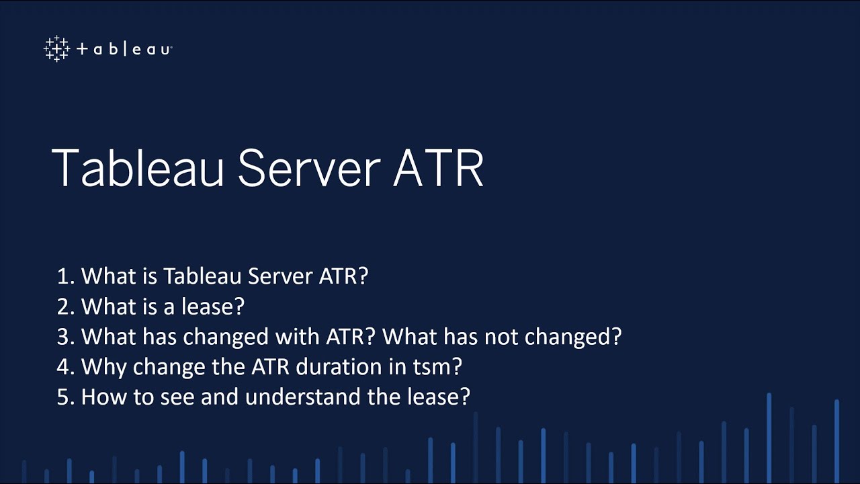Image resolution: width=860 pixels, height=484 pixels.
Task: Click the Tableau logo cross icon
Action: click(56, 49)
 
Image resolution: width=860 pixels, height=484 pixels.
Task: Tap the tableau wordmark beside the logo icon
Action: click(124, 50)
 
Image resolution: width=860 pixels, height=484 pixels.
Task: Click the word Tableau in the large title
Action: click(138, 168)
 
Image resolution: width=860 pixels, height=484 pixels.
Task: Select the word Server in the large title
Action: click(308, 168)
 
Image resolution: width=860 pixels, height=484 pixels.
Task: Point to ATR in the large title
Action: click(438, 168)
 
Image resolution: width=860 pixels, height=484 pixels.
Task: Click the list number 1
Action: click(64, 276)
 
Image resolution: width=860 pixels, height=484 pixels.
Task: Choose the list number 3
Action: click(64, 337)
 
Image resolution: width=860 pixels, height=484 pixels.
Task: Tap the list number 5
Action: click(64, 397)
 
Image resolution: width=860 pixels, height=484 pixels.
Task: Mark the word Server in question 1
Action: click(278, 276)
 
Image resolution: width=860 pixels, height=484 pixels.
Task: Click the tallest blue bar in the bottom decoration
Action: click(769, 437)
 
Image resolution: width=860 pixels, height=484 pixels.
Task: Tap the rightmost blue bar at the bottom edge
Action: click(836, 440)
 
